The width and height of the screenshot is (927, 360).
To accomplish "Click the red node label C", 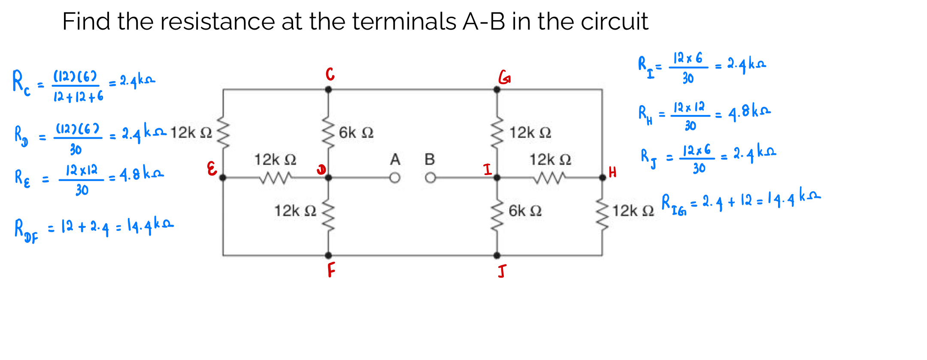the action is coord(330,74).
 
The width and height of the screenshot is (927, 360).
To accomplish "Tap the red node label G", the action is coord(504,77).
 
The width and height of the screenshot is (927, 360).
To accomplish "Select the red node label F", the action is coord(331,270).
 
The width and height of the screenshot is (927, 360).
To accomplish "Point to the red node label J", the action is coord(502,271).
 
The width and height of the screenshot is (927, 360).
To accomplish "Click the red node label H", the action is coord(612,172).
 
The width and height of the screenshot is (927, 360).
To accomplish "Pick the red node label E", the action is coord(212,169).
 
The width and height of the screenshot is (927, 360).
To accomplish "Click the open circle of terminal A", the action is coord(395,178).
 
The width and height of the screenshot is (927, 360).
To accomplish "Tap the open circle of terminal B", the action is coord(430,178).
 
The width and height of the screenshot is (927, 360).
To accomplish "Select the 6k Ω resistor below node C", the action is coord(328,131).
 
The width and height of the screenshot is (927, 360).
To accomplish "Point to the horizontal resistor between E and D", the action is coord(276,177).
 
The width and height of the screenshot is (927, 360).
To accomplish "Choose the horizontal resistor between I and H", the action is coord(550,177).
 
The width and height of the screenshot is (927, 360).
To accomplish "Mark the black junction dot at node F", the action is coord(328,255).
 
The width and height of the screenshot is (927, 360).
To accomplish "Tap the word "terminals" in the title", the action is coord(404,21).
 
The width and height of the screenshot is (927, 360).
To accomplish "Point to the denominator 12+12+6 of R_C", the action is coord(78,97).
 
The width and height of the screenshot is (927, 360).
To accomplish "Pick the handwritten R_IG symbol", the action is coord(673,204).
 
